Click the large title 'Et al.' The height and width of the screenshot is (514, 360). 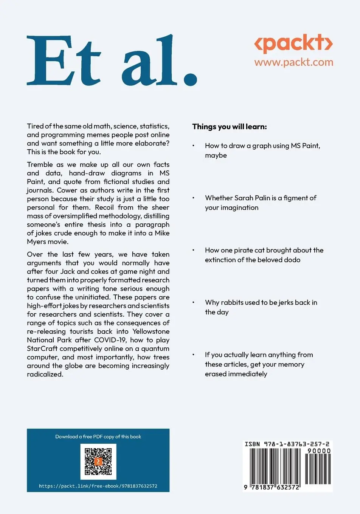(x=112, y=60)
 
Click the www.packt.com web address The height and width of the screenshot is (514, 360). (x=293, y=62)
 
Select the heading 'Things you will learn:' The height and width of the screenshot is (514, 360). (x=229, y=127)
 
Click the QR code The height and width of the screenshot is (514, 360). (x=98, y=461)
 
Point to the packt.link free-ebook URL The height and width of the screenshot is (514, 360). (x=98, y=486)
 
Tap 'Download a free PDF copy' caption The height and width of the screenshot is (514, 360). (x=98, y=437)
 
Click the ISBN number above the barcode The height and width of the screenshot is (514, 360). (x=287, y=444)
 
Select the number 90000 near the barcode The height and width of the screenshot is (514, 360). (x=319, y=451)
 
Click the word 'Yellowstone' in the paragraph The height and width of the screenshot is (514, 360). (x=151, y=331)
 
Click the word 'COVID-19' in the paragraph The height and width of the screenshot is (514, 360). (x=110, y=340)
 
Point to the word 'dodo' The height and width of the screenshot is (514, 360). (x=293, y=260)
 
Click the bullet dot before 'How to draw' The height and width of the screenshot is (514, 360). (x=193, y=146)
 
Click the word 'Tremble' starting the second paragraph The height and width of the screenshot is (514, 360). (x=40, y=165)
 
